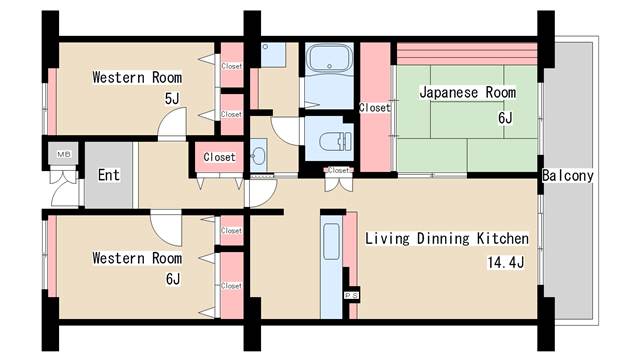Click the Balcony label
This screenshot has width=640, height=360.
568,176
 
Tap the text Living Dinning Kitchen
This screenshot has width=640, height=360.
446,239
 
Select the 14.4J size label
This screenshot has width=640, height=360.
504,263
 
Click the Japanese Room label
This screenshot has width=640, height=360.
467,93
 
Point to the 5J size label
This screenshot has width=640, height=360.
171,99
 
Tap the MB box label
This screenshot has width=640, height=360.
63,154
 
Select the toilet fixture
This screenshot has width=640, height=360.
333,139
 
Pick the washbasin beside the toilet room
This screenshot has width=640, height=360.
260,157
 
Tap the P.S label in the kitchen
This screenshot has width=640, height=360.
351,296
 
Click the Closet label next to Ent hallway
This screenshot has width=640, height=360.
219,157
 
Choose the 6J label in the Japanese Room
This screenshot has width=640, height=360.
504,118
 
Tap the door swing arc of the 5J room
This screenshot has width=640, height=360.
173,125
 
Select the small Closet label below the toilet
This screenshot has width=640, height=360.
338,171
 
